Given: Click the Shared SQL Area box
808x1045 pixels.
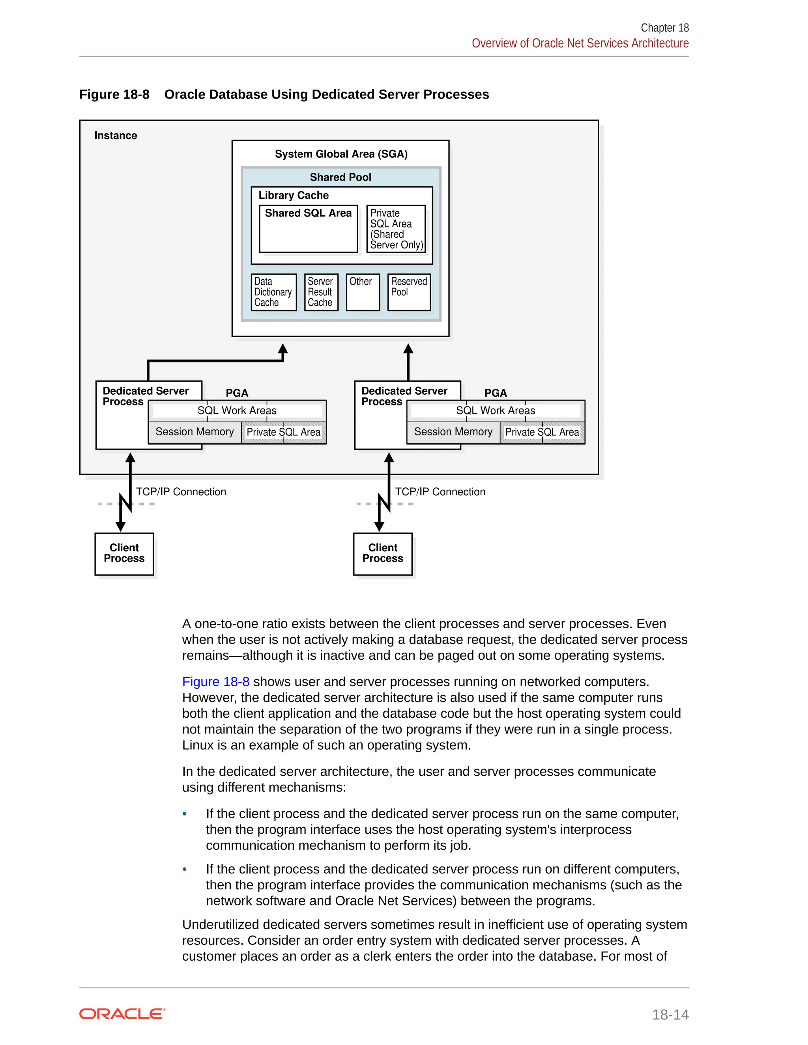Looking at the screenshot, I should point(308,229).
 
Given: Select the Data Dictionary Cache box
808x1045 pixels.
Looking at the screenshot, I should point(273,292).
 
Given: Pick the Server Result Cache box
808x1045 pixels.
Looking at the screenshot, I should point(321,292).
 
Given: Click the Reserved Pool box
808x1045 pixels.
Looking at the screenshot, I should point(409,292).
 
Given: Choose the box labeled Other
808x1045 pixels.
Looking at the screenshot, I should point(362,292).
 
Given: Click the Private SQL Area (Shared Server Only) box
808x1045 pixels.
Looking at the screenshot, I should point(396,229).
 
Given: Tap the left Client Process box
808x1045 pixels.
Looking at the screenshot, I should point(124,554).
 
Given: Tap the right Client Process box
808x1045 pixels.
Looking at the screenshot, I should point(382,554).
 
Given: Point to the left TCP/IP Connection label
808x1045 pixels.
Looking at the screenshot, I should point(181,492).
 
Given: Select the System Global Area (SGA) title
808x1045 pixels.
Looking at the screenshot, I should point(341,154).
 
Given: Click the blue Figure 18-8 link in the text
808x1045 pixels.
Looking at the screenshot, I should point(215,682).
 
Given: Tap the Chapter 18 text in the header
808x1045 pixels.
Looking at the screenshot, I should point(664,28).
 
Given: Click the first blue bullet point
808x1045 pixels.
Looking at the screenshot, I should point(185,814).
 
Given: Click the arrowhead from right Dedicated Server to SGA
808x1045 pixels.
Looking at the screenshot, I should point(408,349).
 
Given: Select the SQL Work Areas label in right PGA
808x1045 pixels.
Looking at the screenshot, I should point(496,411).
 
